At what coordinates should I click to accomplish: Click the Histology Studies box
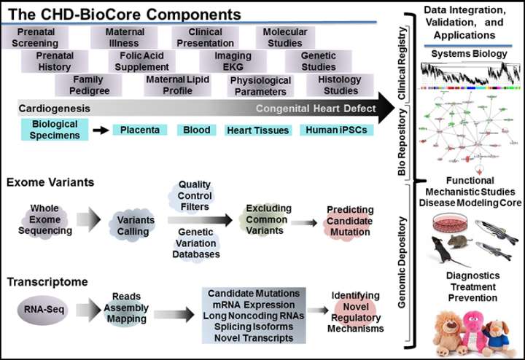(333, 85)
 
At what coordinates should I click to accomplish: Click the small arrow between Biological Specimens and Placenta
(100, 130)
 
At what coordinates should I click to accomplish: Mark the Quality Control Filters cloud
(195, 195)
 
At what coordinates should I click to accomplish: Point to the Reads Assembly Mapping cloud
(131, 308)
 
